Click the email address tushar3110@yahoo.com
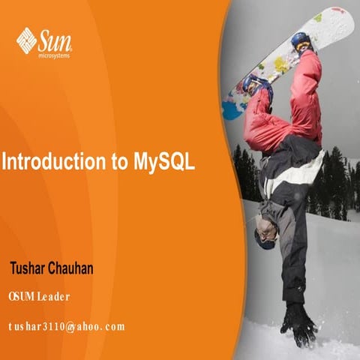point(66,326)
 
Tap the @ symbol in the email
point(69,326)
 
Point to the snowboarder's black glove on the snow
point(298,322)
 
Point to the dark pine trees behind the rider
point(330,184)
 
